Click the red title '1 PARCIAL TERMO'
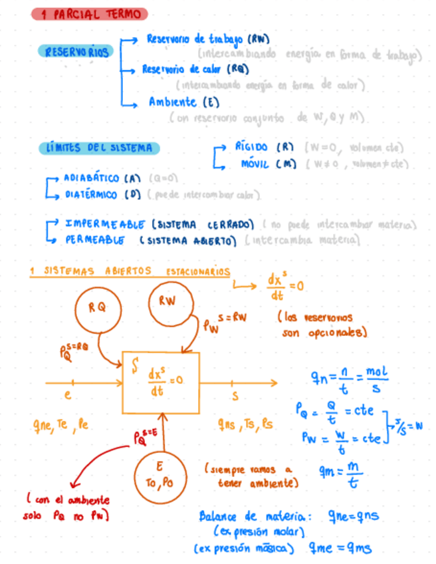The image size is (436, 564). tap(88, 14)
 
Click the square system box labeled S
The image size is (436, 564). tap(160, 382)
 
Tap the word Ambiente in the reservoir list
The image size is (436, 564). tap(172, 102)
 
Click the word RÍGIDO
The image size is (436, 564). tap(251, 147)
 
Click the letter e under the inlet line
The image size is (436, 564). tap(67, 395)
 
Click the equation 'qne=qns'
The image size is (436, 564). tap(354, 516)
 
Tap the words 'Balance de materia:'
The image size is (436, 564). tap(252, 517)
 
